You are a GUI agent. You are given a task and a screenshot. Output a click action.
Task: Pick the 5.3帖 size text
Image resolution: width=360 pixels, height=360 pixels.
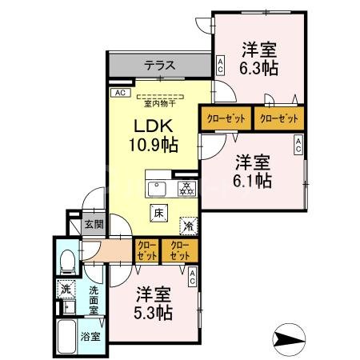(154, 312)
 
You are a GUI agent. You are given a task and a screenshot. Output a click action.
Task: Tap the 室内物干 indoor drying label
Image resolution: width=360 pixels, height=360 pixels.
(160, 102)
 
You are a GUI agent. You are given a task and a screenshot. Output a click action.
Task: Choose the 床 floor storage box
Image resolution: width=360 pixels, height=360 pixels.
(158, 213)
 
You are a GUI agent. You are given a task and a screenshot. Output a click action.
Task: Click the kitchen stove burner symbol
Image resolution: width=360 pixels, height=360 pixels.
(185, 189)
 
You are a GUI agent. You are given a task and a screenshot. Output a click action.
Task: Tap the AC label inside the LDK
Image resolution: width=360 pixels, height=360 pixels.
(121, 93)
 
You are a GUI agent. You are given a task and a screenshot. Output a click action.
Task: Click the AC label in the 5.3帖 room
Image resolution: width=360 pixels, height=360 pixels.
(194, 278)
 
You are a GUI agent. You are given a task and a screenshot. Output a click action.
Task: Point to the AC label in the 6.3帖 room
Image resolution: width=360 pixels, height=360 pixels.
(219, 65)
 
